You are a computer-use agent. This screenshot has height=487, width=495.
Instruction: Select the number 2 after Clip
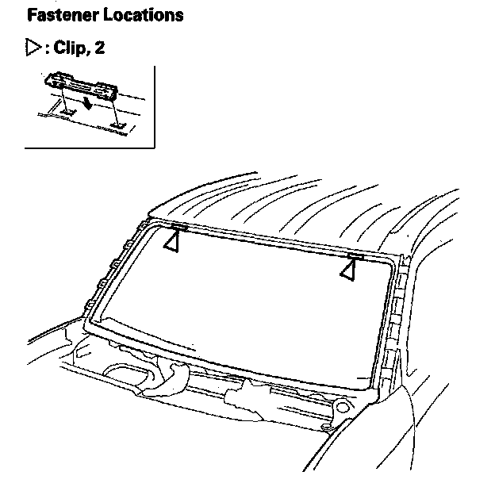(x=99, y=48)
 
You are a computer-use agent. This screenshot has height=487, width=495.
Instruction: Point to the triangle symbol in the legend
(x=33, y=48)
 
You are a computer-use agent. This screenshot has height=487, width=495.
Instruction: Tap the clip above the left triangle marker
(x=178, y=228)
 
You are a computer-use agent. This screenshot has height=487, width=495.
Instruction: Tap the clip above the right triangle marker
(x=354, y=256)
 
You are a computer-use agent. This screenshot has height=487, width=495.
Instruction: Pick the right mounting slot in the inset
(x=118, y=123)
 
